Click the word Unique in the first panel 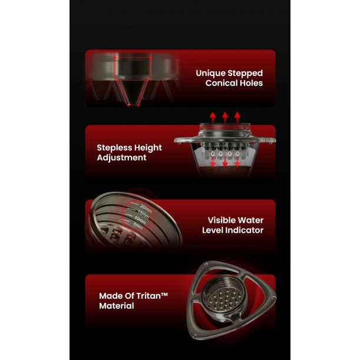[210, 73]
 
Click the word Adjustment [122, 158]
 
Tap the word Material [117, 306]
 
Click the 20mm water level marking [146, 209]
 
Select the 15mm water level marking [143, 214]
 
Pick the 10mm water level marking [140, 220]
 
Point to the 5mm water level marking [138, 226]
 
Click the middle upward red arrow [225, 118]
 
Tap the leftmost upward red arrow [213, 118]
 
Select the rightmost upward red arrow [237, 118]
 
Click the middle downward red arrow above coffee [225, 161]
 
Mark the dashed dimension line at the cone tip [133, 105]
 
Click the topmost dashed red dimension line [133, 58]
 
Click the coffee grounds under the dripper [224, 171]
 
